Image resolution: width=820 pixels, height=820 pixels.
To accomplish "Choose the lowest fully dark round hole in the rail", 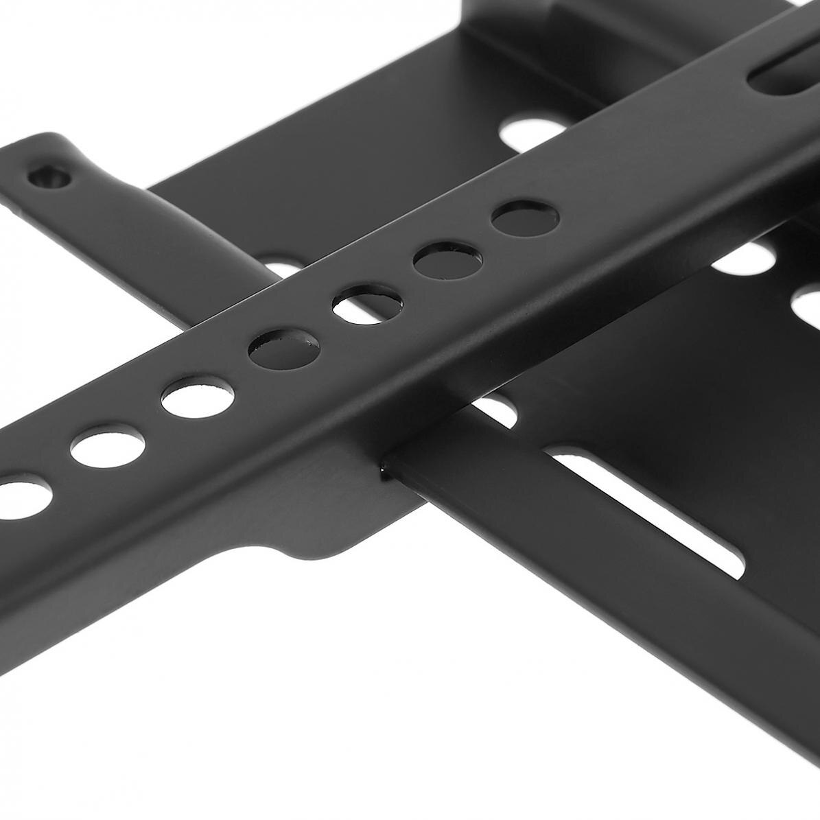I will tap(283, 350).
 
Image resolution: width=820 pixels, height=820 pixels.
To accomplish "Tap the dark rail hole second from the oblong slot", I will tap(447, 260).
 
